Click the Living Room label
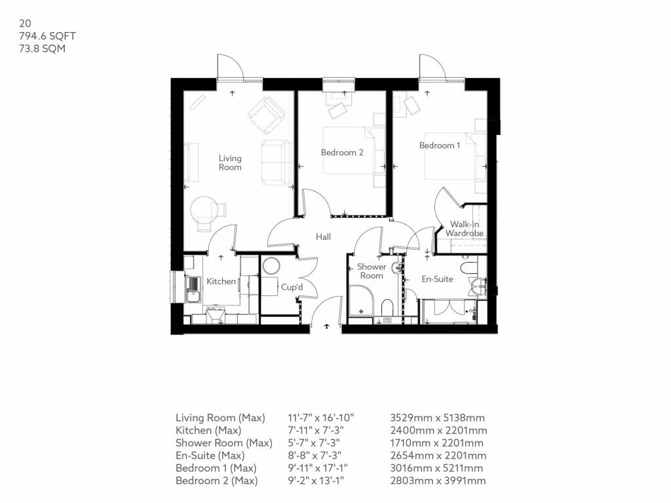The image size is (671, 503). coord(230,162)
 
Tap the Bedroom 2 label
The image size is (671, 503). coord(342,153)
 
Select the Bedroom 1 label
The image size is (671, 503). coord(440,145)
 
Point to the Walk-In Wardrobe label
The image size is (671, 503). coord(465,229)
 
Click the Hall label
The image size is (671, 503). coord(323,236)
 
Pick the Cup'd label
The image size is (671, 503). coord(292,287)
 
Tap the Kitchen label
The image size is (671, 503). coord(221,281)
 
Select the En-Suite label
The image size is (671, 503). coord(437,279)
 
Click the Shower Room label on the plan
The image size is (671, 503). coord(372,271)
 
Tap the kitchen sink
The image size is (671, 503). coord(193,289)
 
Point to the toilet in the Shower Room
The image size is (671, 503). coord(387,307)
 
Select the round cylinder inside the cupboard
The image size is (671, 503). coord(271,267)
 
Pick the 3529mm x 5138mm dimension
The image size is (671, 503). coord(437,418)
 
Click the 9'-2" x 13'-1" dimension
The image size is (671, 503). coord(315,481)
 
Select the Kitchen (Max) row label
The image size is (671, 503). coord(208,430)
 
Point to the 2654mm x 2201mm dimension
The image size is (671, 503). coord(438,455)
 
